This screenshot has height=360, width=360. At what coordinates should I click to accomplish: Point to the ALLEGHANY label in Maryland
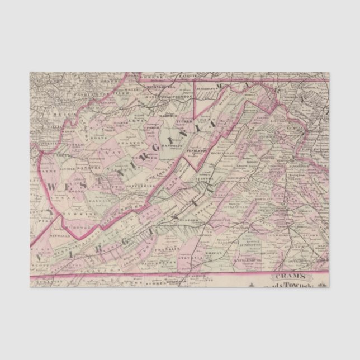207,88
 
